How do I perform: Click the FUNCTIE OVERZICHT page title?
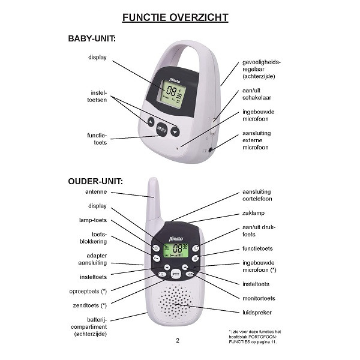tap(175, 17)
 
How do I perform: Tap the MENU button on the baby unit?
tap(161, 130)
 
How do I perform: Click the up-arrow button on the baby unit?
tap(151, 121)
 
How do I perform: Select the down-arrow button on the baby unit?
tap(175, 132)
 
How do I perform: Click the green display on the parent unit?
tap(176, 250)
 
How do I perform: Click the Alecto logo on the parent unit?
tap(176, 239)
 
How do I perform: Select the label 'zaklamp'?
tap(253, 213)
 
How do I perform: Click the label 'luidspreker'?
tap(257, 313)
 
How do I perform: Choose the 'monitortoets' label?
tap(259, 298)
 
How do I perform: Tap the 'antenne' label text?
tap(96, 192)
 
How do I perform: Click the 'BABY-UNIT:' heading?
tap(92, 38)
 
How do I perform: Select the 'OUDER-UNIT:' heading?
tap(95, 181)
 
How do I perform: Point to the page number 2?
tap(178, 340)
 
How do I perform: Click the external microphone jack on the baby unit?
tap(211, 150)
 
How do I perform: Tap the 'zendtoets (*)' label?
tap(90, 305)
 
